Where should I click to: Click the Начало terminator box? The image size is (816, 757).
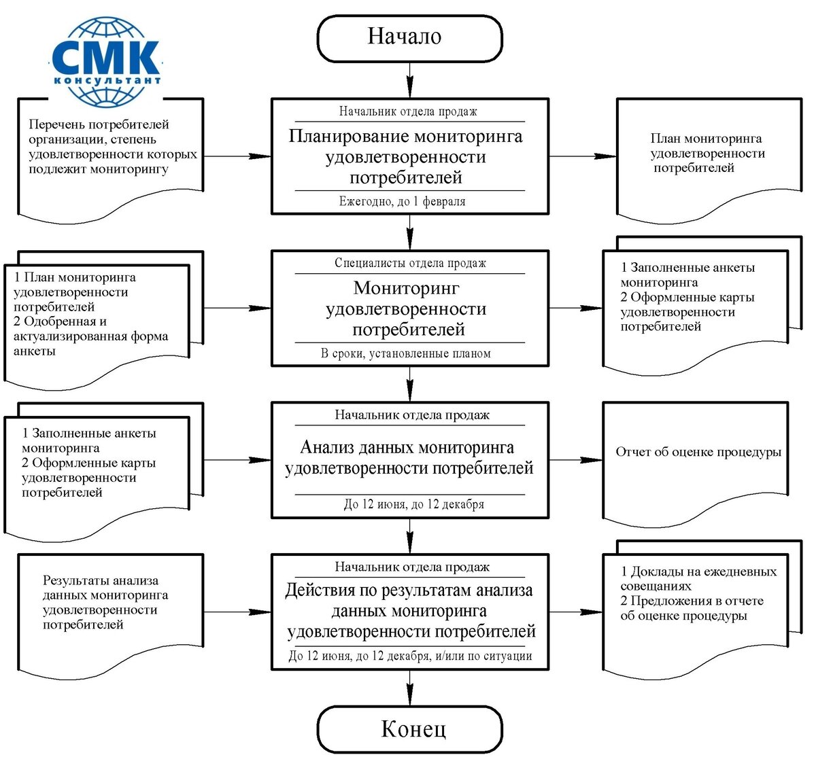pos(409,38)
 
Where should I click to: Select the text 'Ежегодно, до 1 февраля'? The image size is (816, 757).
pos(403,202)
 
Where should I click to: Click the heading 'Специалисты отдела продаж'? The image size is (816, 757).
pos(410,263)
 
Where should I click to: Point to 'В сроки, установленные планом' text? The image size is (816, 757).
pos(406,353)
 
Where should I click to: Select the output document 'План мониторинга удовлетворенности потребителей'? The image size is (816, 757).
pos(707,154)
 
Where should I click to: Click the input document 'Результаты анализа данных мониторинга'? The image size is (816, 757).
pos(105,602)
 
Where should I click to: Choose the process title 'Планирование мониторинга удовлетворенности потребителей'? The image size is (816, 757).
pos(406,157)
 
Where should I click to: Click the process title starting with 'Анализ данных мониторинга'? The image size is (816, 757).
pos(409,458)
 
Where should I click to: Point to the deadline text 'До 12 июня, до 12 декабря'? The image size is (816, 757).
pos(413,505)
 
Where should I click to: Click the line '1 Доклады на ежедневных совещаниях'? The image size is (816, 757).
pos(698,579)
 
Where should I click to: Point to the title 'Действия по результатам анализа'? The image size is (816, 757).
pos(409,591)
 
